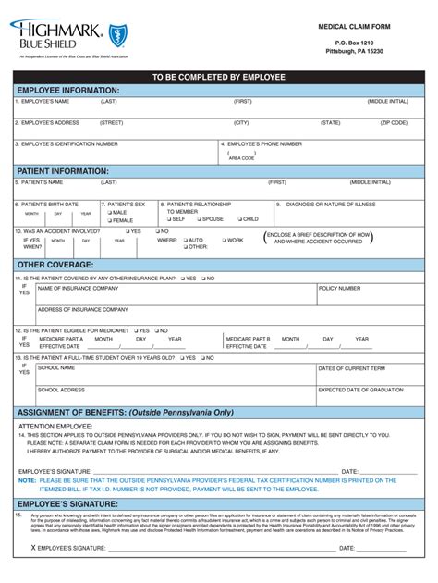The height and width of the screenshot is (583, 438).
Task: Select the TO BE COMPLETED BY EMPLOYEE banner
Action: coord(219,76)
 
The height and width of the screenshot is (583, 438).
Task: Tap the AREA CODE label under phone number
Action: coord(241,158)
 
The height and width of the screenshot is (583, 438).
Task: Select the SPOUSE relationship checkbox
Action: coord(199,219)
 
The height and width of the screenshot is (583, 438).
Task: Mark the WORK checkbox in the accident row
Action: coord(223,240)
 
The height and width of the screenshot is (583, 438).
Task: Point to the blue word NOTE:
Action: coord(27,480)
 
